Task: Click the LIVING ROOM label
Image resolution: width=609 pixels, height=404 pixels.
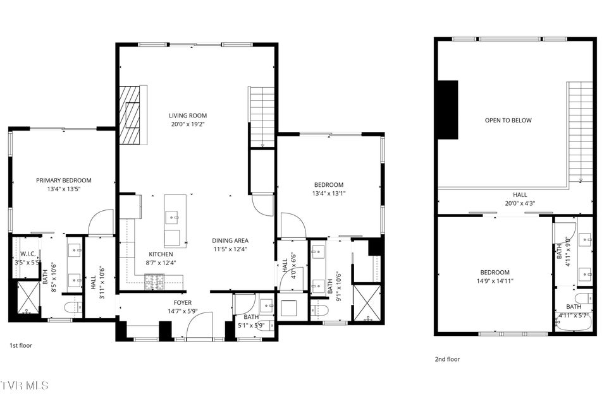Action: [188, 116]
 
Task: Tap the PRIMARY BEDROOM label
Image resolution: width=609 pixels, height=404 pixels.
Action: [64, 181]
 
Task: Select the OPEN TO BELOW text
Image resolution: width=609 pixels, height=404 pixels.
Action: [508, 120]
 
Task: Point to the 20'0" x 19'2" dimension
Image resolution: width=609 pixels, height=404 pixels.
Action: [188, 124]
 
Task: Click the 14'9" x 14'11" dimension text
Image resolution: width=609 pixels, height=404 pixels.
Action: [495, 281]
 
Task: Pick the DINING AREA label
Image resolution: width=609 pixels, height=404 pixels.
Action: [230, 241]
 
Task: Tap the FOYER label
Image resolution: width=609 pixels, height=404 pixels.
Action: [182, 303]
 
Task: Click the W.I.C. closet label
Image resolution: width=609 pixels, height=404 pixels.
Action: [28, 254]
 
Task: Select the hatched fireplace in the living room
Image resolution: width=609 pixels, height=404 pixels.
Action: [130, 115]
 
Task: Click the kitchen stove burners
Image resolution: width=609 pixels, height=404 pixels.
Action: [154, 282]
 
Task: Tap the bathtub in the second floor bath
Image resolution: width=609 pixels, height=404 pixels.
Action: [573, 323]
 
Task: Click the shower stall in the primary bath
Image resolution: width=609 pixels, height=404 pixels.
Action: [28, 297]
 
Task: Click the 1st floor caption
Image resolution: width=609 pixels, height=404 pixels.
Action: [21, 345]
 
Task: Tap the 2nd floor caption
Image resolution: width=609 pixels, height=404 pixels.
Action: [447, 359]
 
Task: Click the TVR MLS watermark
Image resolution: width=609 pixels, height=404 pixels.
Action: [25, 386]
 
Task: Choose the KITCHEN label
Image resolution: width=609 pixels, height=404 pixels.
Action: [161, 254]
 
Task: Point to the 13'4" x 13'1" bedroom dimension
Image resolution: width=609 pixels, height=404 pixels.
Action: [329, 193]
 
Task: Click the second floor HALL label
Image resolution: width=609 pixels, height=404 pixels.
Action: [520, 194]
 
